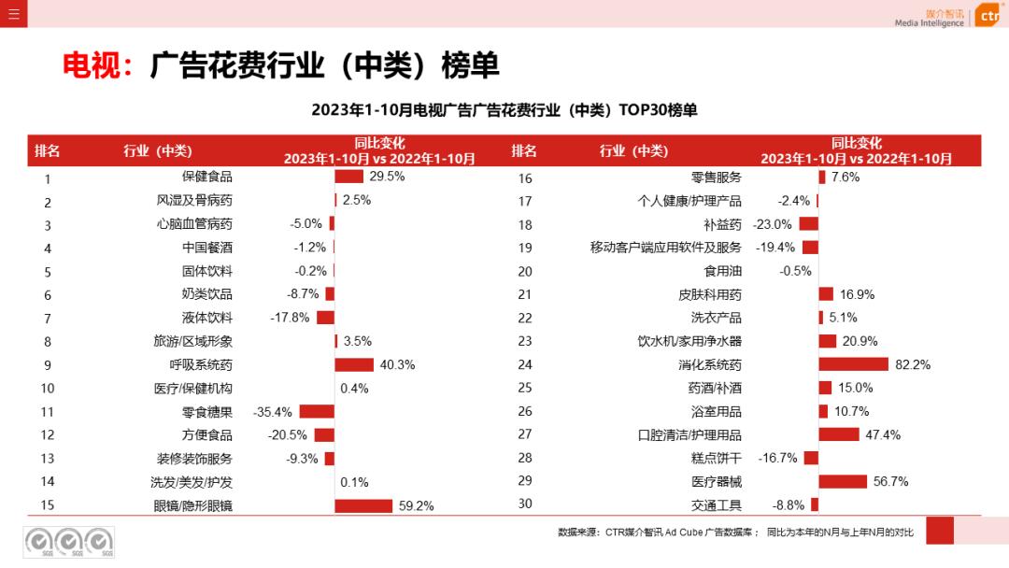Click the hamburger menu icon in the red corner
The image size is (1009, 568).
click(13, 13)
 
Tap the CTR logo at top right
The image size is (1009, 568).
click(988, 15)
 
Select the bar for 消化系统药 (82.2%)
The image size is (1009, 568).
click(854, 364)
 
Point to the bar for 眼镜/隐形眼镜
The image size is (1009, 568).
click(363, 505)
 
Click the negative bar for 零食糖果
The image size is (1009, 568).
click(317, 411)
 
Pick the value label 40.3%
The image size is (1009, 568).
click(398, 364)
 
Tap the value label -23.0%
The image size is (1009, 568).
click(773, 224)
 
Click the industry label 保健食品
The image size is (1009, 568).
click(207, 176)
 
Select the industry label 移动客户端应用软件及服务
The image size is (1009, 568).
click(666, 248)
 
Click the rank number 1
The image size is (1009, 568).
click(47, 178)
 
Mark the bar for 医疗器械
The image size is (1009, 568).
click(843, 481)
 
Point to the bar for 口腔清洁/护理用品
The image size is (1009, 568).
click(839, 434)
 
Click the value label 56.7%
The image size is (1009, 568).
click(891, 481)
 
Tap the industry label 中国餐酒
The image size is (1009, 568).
click(207, 248)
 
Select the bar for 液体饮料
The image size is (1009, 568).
click(325, 318)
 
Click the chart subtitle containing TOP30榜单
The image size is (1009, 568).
click(504, 110)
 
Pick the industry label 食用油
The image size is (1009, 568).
click(723, 271)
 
